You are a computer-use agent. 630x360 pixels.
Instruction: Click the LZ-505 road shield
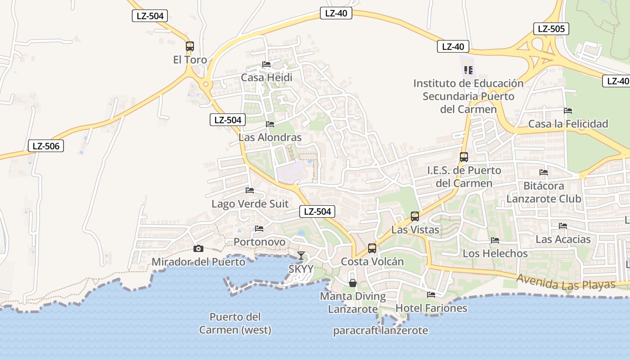tap(551, 29)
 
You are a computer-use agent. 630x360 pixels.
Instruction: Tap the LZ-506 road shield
tap(45, 146)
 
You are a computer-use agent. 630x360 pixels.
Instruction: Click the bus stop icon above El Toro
tap(190, 46)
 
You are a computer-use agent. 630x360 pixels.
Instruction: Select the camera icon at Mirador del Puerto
tap(198, 248)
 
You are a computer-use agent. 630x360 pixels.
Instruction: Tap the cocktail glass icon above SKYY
tap(301, 256)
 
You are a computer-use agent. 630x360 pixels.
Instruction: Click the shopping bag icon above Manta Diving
tap(353, 283)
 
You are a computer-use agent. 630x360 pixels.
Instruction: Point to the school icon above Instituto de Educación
tap(468, 70)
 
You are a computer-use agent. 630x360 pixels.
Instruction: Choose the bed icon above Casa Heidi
tap(266, 64)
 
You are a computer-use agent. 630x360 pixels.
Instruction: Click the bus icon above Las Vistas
tap(415, 216)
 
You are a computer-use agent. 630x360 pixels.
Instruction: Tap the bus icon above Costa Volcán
tap(372, 248)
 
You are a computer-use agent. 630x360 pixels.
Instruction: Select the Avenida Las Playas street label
tap(566, 282)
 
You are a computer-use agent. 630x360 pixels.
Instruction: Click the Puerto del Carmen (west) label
tap(235, 323)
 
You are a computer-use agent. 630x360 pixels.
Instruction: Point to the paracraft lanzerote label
tap(380, 331)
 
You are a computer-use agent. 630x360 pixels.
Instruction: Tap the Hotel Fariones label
tap(431, 308)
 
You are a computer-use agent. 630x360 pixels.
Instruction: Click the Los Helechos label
tap(495, 253)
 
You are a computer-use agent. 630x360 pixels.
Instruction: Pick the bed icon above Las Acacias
tap(563, 226)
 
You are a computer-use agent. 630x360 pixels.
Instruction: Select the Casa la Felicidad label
tap(568, 124)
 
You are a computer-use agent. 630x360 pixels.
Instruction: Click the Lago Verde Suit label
tap(250, 204)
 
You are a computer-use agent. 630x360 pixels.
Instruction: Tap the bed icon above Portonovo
tap(259, 229)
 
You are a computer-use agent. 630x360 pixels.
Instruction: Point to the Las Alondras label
tap(270, 137)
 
